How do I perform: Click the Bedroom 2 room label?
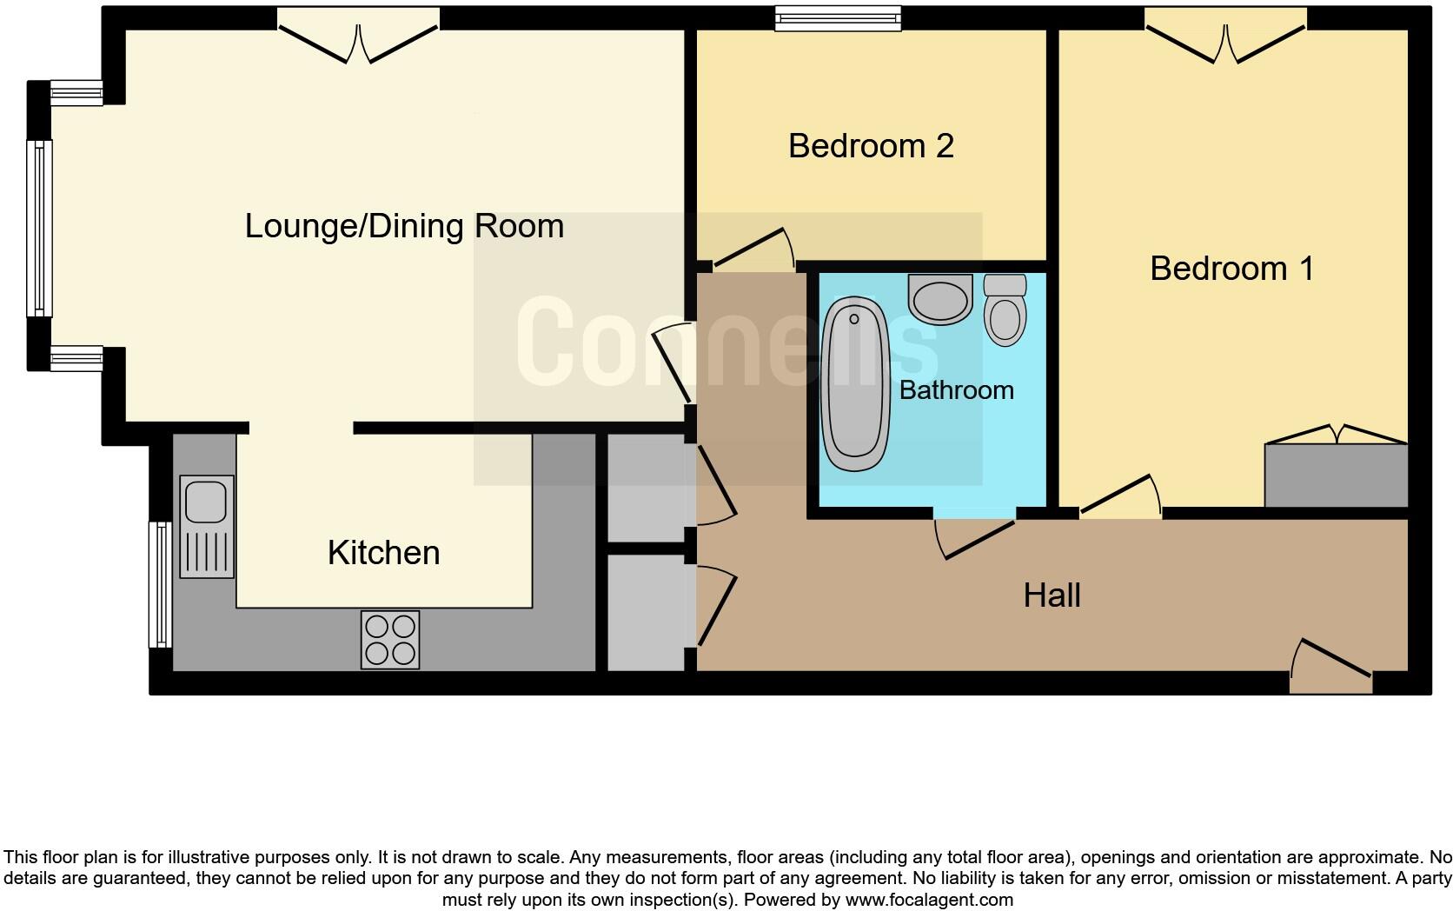pyautogui.click(x=871, y=146)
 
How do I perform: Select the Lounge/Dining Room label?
pyautogui.click(x=404, y=226)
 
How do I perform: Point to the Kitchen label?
pyautogui.click(x=383, y=553)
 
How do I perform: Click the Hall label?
pyautogui.click(x=1052, y=595)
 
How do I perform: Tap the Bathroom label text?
pyautogui.click(x=956, y=390)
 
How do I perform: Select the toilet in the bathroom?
pyautogui.click(x=1005, y=310)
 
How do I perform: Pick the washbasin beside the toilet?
pyautogui.click(x=939, y=299)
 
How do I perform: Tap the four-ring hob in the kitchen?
pyautogui.click(x=390, y=640)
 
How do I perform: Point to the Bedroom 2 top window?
pyautogui.click(x=838, y=18)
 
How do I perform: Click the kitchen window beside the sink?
pyautogui.click(x=160, y=584)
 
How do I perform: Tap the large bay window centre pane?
pyautogui.click(x=39, y=228)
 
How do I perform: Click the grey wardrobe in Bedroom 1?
pyautogui.click(x=1336, y=475)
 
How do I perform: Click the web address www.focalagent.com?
pyautogui.click(x=929, y=900)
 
